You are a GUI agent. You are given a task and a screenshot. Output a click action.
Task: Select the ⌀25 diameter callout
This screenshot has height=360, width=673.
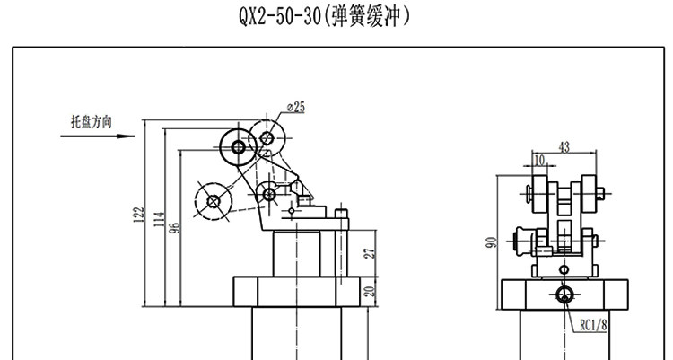point(295,107)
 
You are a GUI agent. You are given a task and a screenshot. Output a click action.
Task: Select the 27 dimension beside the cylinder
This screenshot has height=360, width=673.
point(368,254)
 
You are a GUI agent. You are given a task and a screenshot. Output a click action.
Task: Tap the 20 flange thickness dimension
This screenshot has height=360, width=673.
point(368,293)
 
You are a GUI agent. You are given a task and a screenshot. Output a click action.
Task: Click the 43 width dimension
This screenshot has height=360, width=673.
point(564,145)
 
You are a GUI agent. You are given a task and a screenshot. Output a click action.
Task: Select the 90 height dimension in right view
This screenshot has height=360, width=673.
point(492,242)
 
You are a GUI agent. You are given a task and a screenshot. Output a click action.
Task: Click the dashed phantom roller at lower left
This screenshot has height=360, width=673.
point(213,201)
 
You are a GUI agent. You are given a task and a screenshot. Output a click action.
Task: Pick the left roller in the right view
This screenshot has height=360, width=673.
point(537,192)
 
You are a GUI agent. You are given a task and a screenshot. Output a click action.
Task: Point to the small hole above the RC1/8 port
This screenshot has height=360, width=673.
point(564,268)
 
